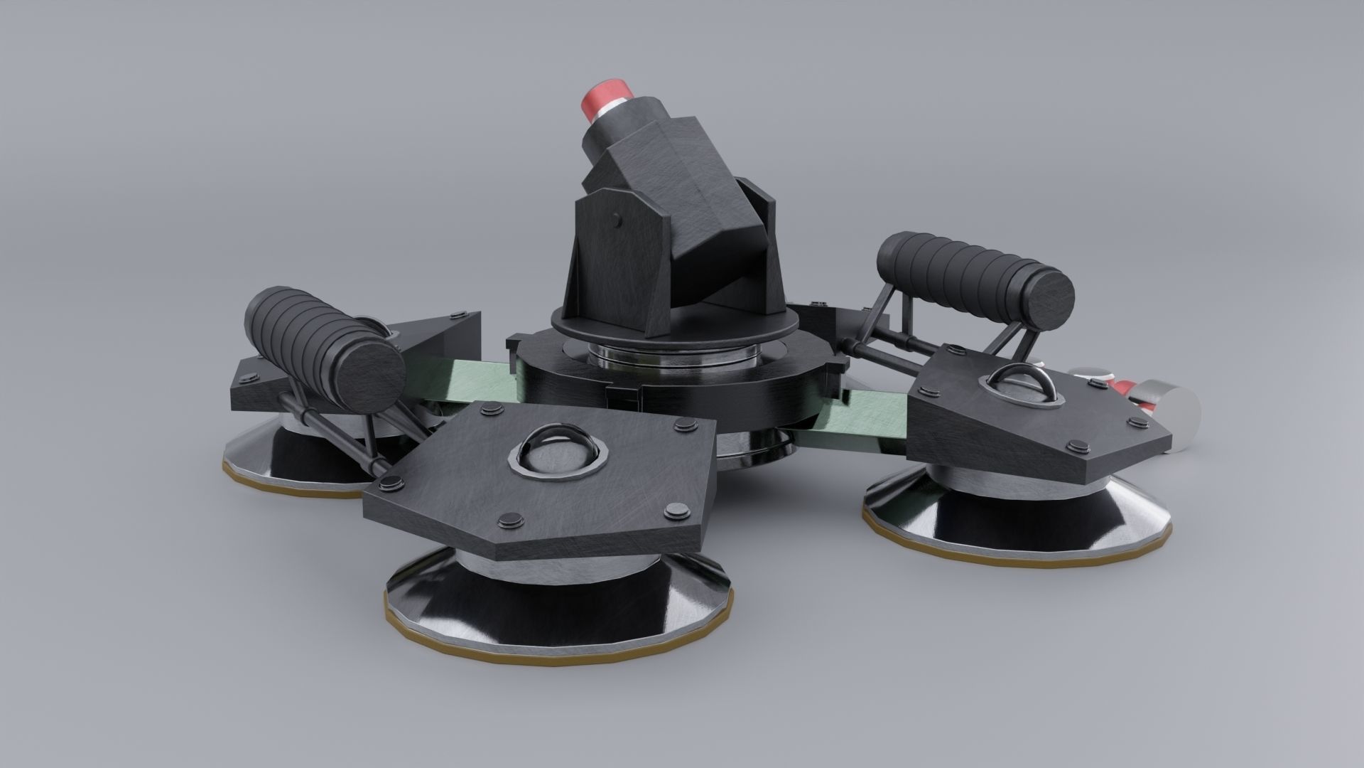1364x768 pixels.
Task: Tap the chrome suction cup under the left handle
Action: [x=284, y=455]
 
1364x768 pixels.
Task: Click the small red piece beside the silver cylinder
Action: [x=1122, y=388]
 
